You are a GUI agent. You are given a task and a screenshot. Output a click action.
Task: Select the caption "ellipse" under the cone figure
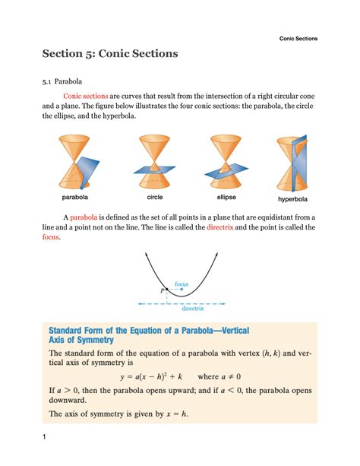(x=226, y=197)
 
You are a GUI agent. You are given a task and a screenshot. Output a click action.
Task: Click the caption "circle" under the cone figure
(x=155, y=197)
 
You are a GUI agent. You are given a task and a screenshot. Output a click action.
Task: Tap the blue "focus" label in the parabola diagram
(x=182, y=284)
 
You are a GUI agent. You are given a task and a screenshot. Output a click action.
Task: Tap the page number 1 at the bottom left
(x=46, y=436)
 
